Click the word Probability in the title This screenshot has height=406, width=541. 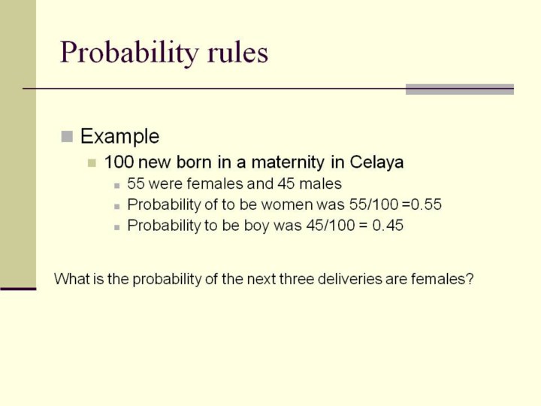[x=129, y=53]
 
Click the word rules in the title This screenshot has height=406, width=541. [x=237, y=52]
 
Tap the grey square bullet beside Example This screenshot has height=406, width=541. [x=67, y=136]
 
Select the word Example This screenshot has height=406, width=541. [x=119, y=136]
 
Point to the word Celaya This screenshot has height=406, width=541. [x=376, y=162]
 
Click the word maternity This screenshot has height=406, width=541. [x=287, y=162]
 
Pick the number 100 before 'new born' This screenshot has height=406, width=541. [x=119, y=162]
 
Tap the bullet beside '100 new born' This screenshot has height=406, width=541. [x=92, y=162]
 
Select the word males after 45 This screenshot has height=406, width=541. [x=321, y=183]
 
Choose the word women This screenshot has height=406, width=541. [x=287, y=205]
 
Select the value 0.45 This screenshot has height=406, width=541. [x=388, y=226]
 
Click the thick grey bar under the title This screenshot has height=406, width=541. [x=460, y=89]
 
